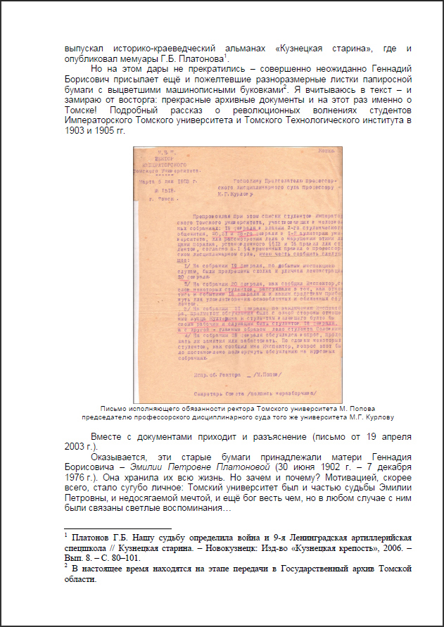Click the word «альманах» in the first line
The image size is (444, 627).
point(239,48)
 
